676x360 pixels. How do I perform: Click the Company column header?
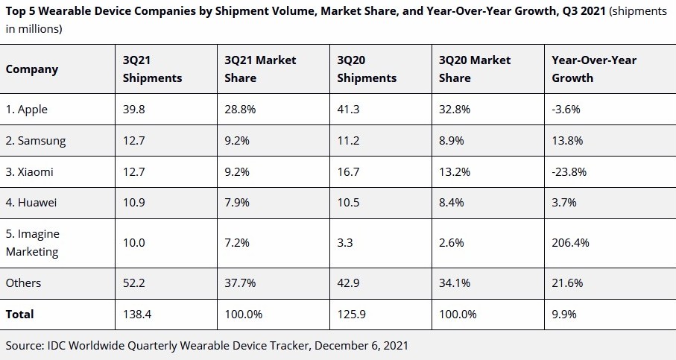(32, 69)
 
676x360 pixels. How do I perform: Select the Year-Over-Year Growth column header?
(594, 69)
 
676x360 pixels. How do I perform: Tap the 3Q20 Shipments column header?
(367, 69)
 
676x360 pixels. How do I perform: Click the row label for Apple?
(27, 109)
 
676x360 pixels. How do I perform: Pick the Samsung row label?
(36, 140)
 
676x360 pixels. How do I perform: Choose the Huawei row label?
(32, 203)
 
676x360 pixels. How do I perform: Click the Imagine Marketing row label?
(33, 243)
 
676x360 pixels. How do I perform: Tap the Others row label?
(24, 283)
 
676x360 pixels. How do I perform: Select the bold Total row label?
(20, 315)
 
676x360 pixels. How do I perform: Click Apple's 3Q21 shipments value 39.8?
(134, 109)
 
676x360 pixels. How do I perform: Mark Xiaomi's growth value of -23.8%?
(569, 171)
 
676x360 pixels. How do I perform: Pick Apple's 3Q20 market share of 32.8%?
(455, 109)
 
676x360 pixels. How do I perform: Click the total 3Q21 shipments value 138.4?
(137, 315)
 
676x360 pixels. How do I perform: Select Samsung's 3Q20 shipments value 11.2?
(348, 140)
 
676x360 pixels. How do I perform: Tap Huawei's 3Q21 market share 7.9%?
(239, 203)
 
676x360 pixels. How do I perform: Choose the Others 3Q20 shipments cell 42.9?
(349, 283)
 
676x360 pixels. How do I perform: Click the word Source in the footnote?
(24, 346)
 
